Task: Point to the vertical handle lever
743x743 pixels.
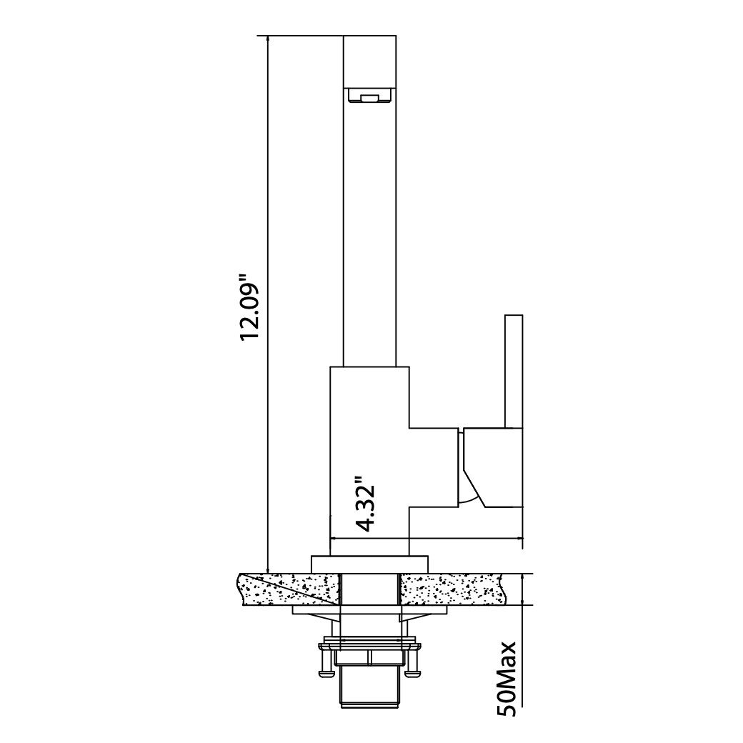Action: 514,371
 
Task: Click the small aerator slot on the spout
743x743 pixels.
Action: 370,99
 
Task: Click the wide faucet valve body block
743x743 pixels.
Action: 369,457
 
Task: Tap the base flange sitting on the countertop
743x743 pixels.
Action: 370,563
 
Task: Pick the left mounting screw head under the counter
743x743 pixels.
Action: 326,671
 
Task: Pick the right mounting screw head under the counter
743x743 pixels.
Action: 412,671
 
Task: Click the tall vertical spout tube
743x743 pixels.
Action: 370,236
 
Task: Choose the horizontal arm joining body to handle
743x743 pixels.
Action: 432,468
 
